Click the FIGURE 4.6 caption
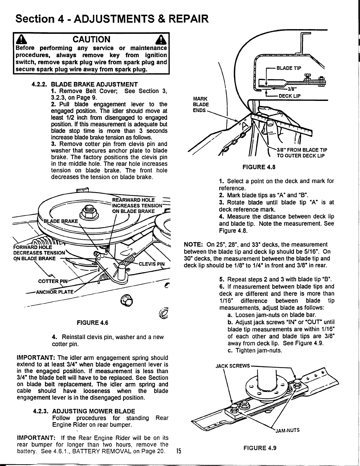[92, 323]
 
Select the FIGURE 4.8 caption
[258, 167]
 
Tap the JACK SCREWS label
[232, 366]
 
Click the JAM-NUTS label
[287, 430]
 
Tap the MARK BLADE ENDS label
[201, 104]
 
